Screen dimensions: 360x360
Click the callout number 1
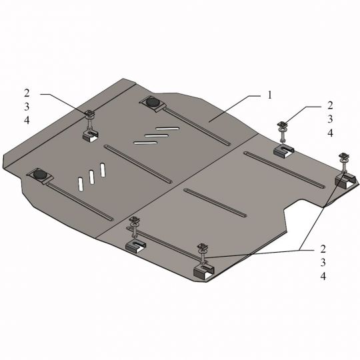(269, 95)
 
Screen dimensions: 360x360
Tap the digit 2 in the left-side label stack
(27, 93)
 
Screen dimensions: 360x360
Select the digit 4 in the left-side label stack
(27, 120)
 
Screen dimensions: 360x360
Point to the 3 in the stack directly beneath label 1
(330, 119)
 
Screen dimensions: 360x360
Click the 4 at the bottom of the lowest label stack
(323, 276)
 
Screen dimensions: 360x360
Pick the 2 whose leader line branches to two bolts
(323, 249)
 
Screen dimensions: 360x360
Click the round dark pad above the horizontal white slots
(152, 102)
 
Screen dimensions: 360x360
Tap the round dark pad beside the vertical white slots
(40, 175)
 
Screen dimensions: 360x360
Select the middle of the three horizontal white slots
(157, 135)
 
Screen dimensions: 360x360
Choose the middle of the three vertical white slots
(91, 177)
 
